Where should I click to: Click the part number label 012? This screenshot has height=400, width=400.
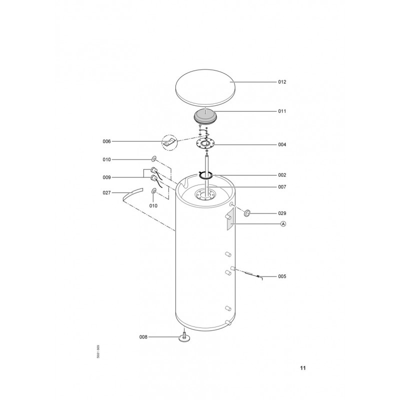pos(282,82)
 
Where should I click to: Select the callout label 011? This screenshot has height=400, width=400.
pos(282,111)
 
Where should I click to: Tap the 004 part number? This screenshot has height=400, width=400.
pos(282,144)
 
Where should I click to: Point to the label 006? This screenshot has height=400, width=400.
pos(107,141)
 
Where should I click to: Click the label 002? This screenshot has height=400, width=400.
pos(282,175)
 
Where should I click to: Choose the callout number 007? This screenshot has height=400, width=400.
pos(282,187)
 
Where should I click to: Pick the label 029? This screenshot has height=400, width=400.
pos(282,213)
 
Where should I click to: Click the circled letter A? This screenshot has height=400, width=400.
pos(283,224)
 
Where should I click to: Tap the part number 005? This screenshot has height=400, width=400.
pos(282,276)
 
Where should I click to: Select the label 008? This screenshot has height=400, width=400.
pos(143,337)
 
